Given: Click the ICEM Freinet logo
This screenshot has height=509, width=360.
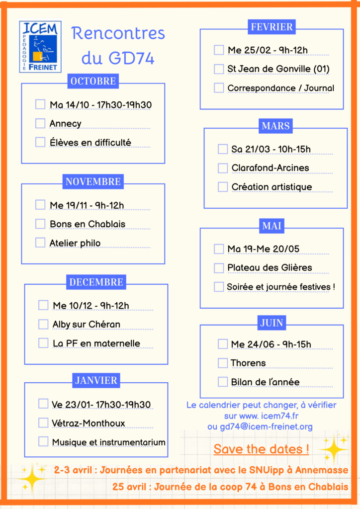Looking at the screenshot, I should (x=40, y=46).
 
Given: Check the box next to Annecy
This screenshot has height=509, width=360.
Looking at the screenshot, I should (x=40, y=123).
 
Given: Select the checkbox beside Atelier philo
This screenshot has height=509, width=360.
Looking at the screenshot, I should (x=40, y=243).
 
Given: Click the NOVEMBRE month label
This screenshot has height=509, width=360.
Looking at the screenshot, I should (x=93, y=182).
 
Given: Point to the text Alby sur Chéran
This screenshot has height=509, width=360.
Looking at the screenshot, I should (x=87, y=325).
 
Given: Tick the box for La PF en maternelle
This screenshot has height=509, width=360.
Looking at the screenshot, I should (x=43, y=343).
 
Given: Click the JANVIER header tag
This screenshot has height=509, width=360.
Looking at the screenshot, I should (x=96, y=381).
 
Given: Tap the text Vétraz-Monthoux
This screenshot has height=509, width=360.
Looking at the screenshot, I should (x=89, y=424).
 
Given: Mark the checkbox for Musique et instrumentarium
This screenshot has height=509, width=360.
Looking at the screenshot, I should (x=43, y=441).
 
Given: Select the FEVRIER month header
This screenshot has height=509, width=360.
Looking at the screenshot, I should (x=271, y=27).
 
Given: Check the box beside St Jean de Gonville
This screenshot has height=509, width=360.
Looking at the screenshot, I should (x=219, y=69).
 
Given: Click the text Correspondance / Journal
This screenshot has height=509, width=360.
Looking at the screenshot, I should (x=280, y=88).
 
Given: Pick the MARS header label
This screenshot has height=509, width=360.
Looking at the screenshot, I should (x=275, y=126).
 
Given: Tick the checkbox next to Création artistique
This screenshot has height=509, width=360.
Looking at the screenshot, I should (x=223, y=187).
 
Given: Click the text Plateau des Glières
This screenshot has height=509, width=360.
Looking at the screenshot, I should (x=270, y=267).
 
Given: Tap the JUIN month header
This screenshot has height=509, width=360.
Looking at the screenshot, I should (x=271, y=323).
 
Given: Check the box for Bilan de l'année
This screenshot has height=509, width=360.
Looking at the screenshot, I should (x=223, y=382).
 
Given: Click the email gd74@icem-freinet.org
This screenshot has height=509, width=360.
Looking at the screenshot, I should (x=260, y=426).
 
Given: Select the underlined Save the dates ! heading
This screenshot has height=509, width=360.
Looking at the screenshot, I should (x=261, y=449).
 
